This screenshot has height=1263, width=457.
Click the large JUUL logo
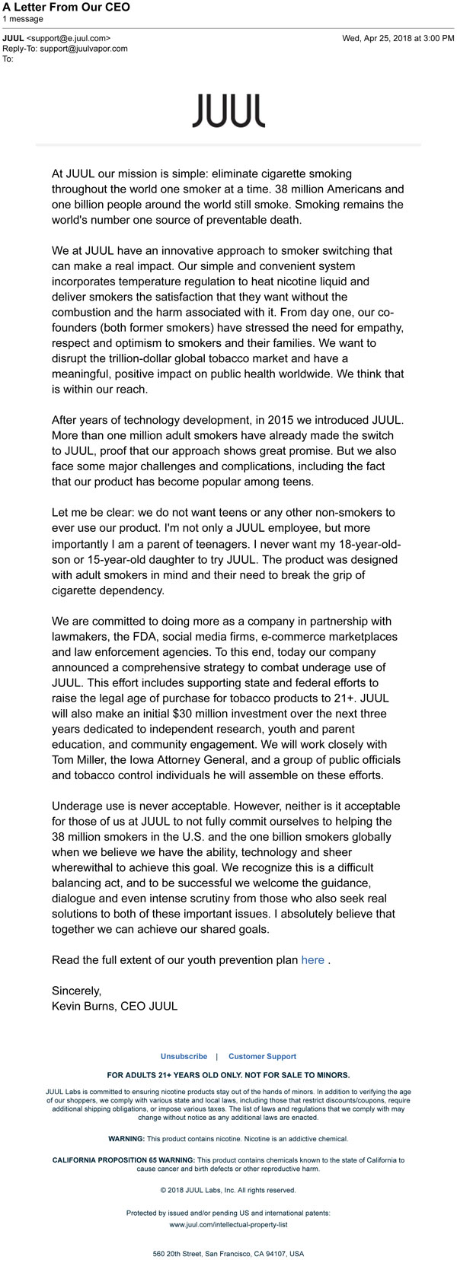tap(228, 111)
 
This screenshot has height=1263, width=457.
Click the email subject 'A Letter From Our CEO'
tap(66, 7)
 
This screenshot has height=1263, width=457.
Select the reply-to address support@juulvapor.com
tap(84, 48)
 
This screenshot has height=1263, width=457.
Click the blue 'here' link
tap(312, 960)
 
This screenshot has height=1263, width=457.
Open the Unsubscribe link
tap(184, 1056)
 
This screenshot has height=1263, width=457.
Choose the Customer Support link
tap(262, 1056)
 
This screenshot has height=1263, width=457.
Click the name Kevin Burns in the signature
tap(83, 1006)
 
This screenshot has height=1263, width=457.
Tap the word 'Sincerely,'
tap(76, 991)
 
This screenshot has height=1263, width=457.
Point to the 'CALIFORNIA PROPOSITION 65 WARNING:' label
tap(112, 1160)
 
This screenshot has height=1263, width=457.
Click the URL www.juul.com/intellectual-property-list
tap(228, 1225)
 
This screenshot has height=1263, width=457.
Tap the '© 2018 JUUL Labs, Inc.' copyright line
tap(228, 1190)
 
